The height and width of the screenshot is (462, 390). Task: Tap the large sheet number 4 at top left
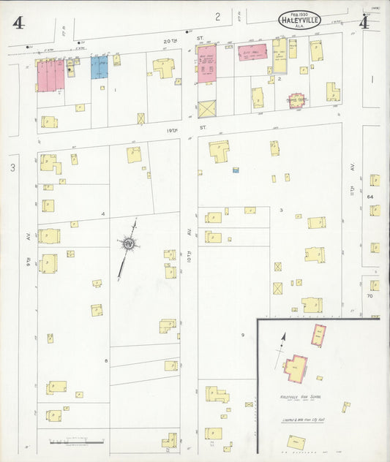point(18,23)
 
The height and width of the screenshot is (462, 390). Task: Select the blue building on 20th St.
point(100,67)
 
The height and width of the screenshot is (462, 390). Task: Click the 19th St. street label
point(203,126)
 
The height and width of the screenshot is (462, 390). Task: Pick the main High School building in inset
point(296,368)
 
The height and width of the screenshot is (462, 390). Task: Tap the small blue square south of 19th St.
point(236,170)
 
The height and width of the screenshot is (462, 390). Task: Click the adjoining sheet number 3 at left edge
point(12,168)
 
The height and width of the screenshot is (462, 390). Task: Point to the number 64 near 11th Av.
point(370,197)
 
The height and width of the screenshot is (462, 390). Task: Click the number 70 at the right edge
point(370,296)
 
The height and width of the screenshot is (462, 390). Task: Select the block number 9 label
point(242,335)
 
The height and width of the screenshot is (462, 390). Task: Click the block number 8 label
point(106,360)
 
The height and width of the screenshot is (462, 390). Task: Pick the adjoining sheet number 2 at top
point(217,15)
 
